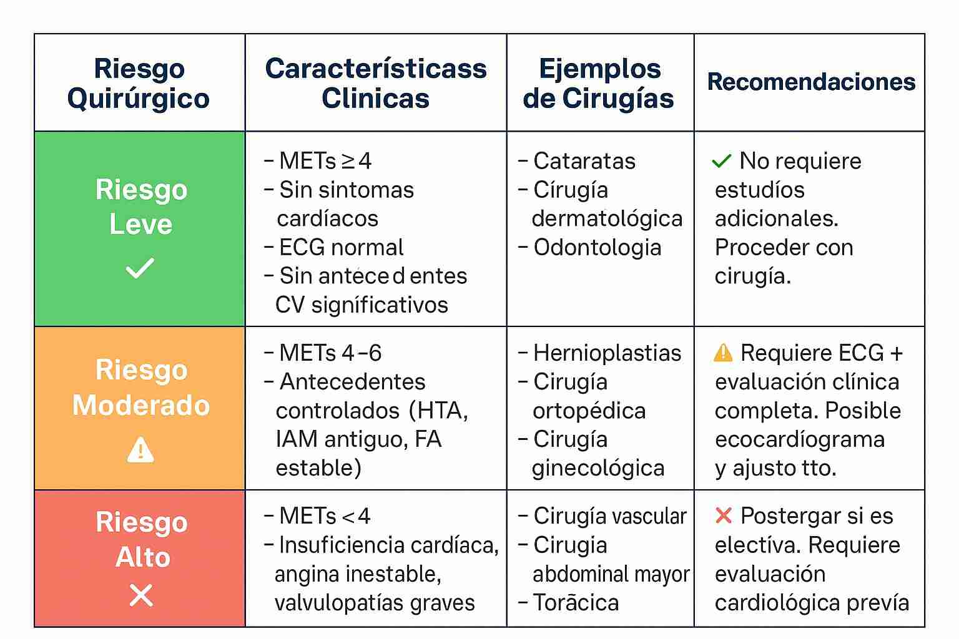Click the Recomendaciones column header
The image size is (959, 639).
click(811, 82)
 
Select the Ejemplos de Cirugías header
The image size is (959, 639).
click(599, 83)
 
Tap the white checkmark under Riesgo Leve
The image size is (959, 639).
click(140, 268)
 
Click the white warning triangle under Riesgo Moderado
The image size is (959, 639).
click(140, 449)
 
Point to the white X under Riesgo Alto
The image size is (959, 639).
click(141, 595)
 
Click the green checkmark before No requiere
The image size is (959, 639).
click(722, 161)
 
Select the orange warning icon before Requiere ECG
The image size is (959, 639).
click(723, 353)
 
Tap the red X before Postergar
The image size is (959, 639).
click(724, 515)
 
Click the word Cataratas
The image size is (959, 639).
click(584, 161)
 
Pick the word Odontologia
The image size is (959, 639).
click(598, 247)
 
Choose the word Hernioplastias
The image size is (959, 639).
click(607, 353)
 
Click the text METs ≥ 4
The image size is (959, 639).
click(325, 161)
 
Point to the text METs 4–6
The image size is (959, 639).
click(330, 353)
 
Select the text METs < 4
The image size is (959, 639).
click(325, 516)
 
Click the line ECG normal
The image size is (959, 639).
click(341, 247)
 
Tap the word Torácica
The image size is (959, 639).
click(576, 603)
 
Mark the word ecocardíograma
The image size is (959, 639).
click(800, 439)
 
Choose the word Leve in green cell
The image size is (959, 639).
click(141, 223)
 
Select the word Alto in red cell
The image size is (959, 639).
click(143, 557)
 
